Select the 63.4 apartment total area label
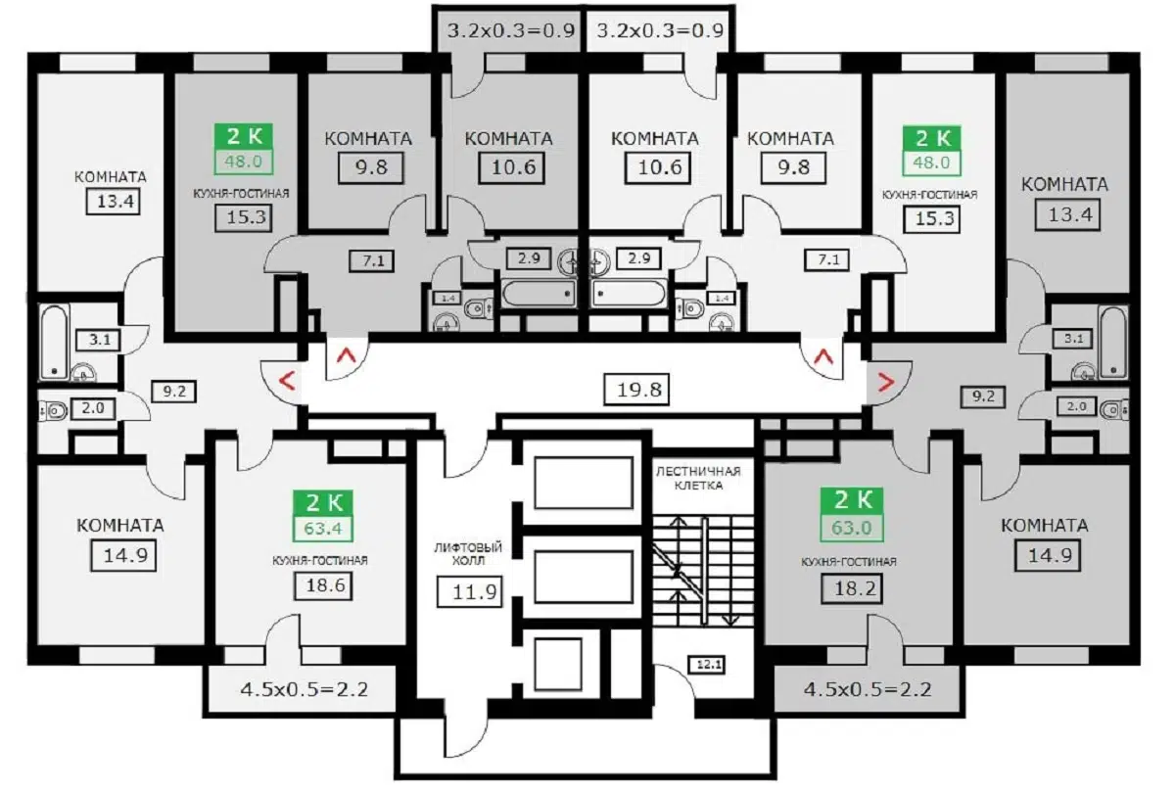pos(323,532)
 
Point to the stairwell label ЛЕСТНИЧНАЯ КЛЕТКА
pos(698,478)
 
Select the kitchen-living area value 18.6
pos(322,586)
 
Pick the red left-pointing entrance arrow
pos(285,380)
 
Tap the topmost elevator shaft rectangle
pos(584,483)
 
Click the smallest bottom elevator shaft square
pos(562,665)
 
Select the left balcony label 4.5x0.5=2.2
pos(304,689)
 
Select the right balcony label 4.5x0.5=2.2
pos(868,689)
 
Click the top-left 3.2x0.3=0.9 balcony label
pos(509,29)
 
